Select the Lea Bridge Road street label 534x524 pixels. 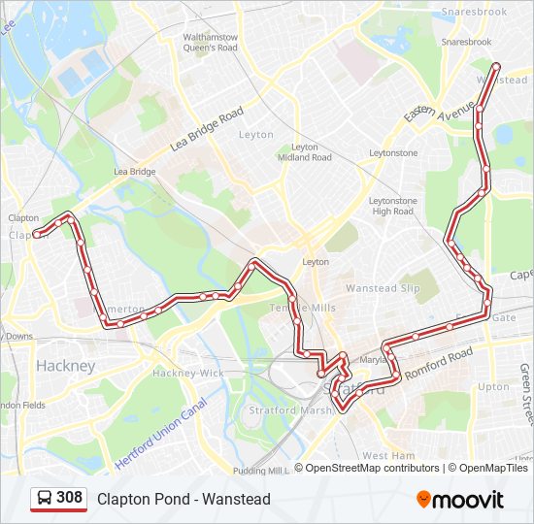(x=206, y=129)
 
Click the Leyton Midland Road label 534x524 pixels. (x=304, y=152)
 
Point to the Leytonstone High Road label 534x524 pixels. (x=392, y=206)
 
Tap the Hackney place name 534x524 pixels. (x=65, y=366)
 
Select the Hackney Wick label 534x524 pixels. (x=187, y=373)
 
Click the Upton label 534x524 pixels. (x=493, y=386)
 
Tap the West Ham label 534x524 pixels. (x=388, y=455)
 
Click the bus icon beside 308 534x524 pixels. (x=45, y=499)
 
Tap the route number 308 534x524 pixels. (x=70, y=498)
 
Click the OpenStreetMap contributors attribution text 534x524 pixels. (x=371, y=468)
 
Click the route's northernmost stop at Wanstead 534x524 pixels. (x=497, y=66)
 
